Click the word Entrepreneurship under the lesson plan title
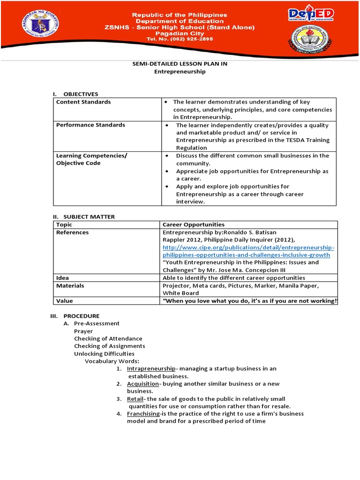[180, 72]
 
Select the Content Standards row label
[83, 102]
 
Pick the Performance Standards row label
[90, 125]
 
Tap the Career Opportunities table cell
[193, 225]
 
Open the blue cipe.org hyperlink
[248, 251]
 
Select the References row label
[72, 232]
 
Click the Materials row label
[70, 285]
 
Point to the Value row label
[65, 300]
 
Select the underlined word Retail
[135, 398]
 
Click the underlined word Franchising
[143, 413]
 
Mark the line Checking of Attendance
[108, 338]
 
